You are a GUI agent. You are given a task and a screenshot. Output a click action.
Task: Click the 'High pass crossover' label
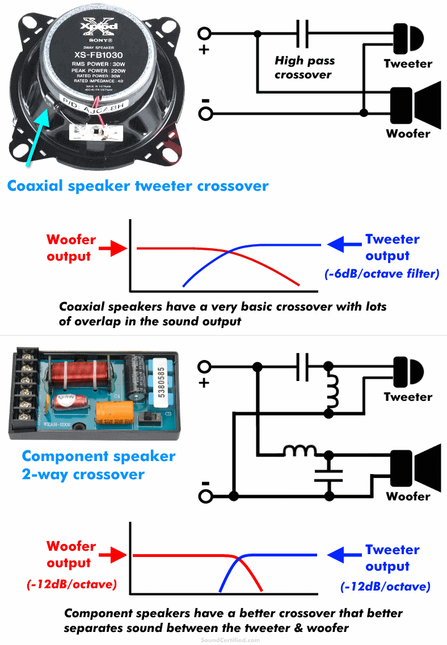click(305, 68)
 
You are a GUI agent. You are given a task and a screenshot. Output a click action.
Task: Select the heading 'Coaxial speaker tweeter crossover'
click(138, 186)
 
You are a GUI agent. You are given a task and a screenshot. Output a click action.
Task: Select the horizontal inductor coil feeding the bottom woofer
click(300, 452)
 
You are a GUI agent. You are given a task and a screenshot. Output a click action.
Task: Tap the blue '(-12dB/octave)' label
click(386, 587)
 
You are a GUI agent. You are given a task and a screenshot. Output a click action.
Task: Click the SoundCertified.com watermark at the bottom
click(230, 639)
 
